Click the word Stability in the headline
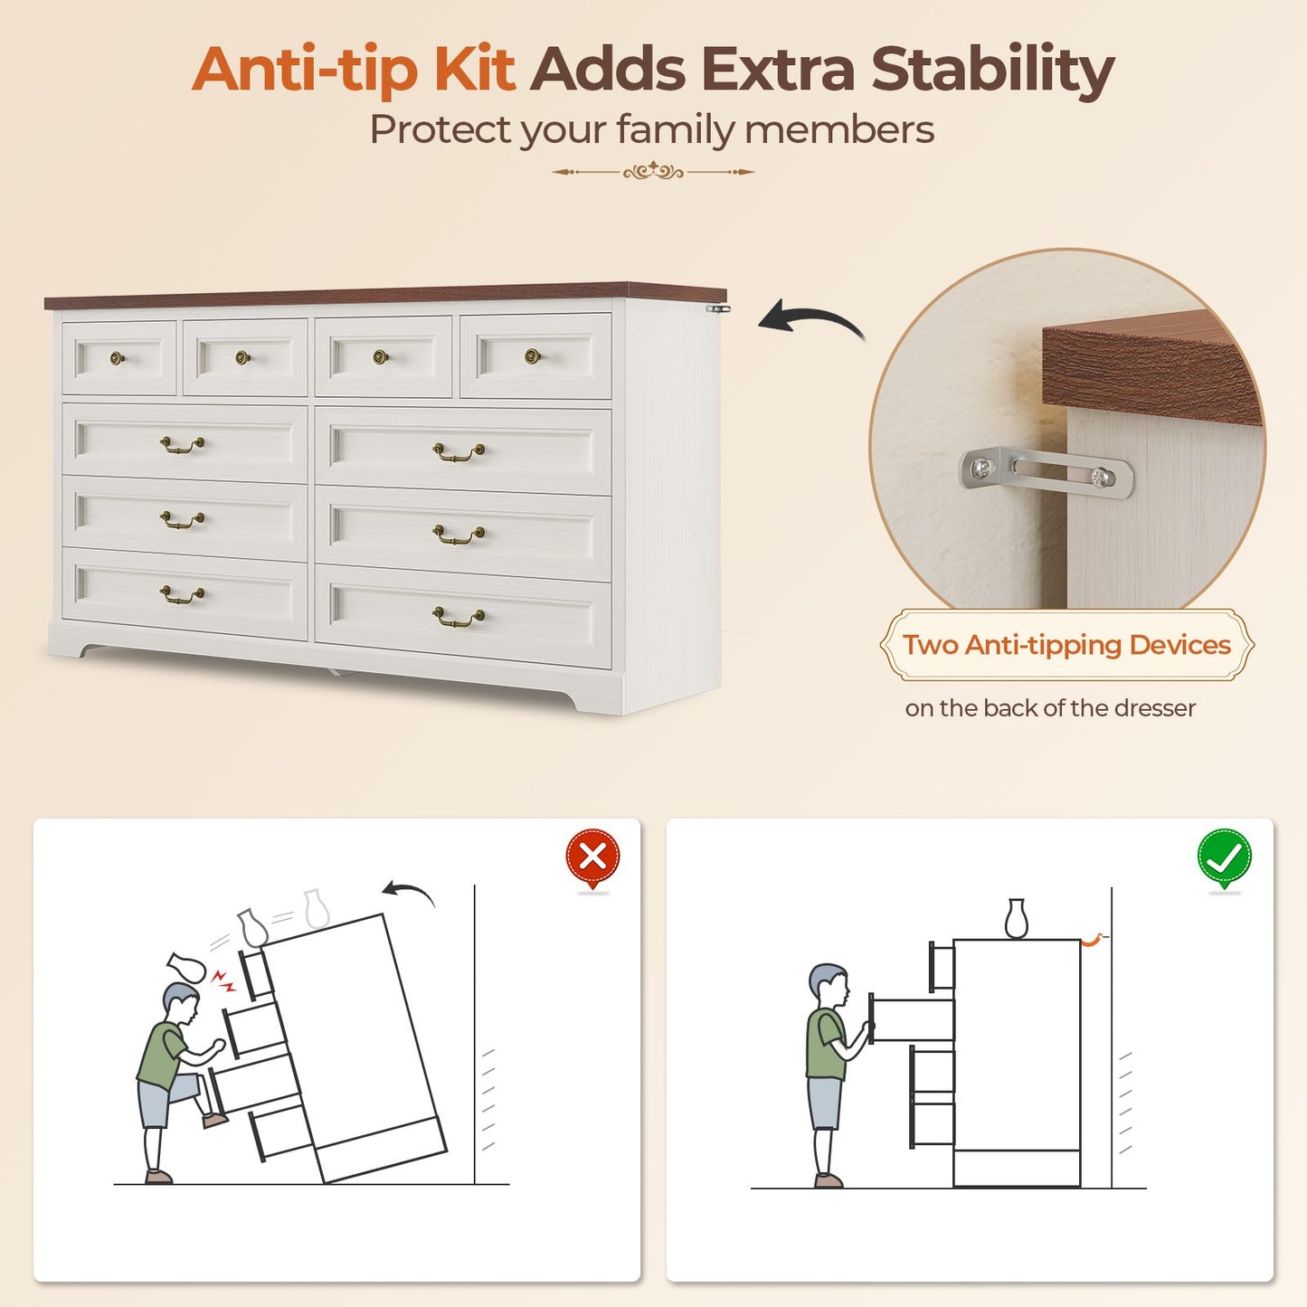tap(992, 71)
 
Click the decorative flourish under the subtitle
tap(652, 172)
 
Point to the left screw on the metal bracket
tap(980, 468)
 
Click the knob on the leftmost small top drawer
tap(118, 357)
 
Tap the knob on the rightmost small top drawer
tap(533, 355)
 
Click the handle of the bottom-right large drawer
tap(459, 617)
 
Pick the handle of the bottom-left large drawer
tap(182, 594)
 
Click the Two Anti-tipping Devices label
tap(1066, 644)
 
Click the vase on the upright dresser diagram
tap(1016, 919)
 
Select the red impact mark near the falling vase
tap(223, 980)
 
